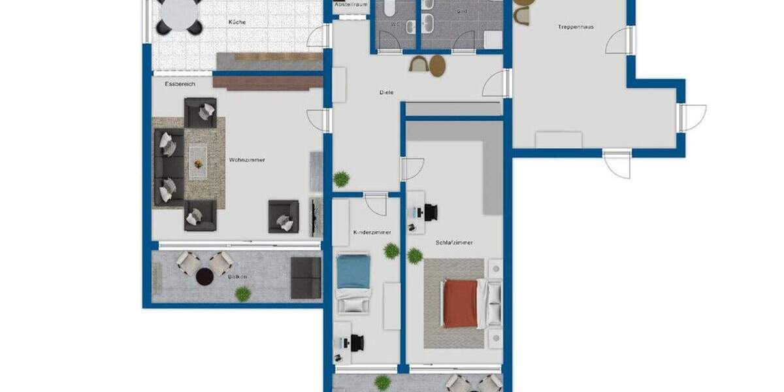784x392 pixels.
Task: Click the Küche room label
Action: click(x=237, y=22)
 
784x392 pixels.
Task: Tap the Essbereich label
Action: click(x=180, y=84)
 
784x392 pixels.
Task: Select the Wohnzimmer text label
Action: click(x=247, y=159)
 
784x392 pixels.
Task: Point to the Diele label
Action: click(x=386, y=92)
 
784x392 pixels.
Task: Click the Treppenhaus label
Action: click(x=576, y=27)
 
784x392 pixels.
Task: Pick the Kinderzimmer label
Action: click(x=372, y=232)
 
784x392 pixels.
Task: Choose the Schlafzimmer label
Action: click(x=454, y=242)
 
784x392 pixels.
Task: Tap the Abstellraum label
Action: click(x=351, y=5)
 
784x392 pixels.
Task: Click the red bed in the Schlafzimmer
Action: click(x=461, y=303)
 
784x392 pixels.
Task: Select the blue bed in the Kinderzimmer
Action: click(x=353, y=271)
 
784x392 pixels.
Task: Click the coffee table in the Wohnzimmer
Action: click(x=198, y=160)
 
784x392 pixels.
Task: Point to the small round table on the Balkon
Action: click(x=205, y=276)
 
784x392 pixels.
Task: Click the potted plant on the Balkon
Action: click(x=242, y=294)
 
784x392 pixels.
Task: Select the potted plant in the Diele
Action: click(x=340, y=178)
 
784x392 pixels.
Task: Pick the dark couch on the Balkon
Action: click(x=306, y=277)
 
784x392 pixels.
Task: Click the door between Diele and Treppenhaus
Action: click(x=498, y=83)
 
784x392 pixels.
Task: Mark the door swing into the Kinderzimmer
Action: click(x=375, y=204)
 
